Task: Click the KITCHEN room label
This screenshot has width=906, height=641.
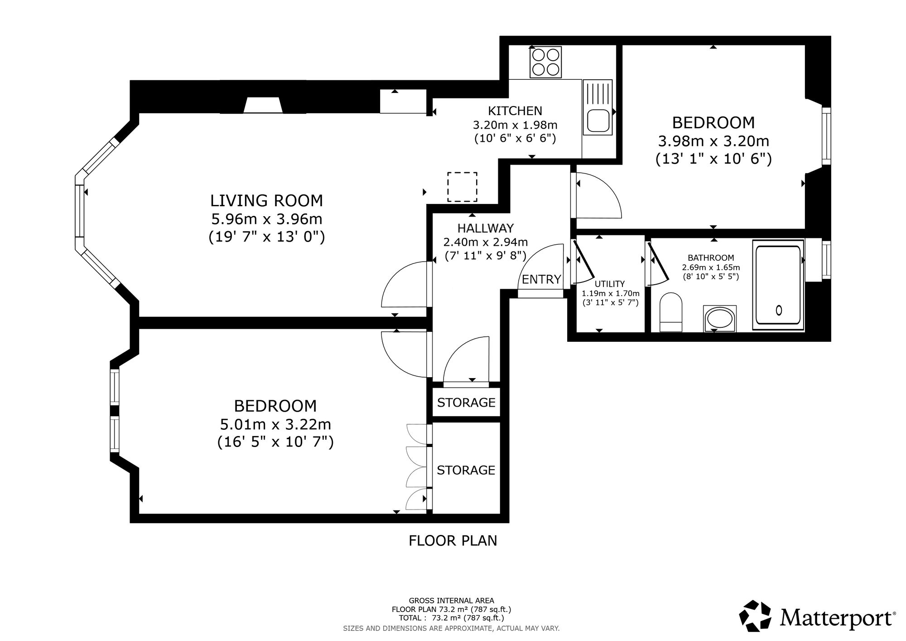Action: pyautogui.click(x=515, y=111)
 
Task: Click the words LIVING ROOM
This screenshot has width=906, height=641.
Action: pyautogui.click(x=266, y=200)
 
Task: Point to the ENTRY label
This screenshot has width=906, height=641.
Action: pyautogui.click(x=541, y=279)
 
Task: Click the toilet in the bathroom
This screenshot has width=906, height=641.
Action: pyautogui.click(x=671, y=312)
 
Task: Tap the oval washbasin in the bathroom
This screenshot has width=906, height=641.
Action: pyautogui.click(x=720, y=319)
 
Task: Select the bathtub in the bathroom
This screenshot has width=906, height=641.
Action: pyautogui.click(x=778, y=285)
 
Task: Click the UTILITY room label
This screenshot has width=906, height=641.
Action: pyautogui.click(x=610, y=284)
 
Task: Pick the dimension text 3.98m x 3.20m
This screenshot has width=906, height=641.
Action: pyautogui.click(x=713, y=141)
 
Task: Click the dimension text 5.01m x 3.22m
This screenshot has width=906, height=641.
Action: pyautogui.click(x=275, y=425)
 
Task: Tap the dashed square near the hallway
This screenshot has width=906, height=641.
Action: pyautogui.click(x=462, y=186)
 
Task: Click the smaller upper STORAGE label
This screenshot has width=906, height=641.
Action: pyautogui.click(x=466, y=403)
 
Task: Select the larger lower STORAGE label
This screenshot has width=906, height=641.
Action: pyautogui.click(x=466, y=470)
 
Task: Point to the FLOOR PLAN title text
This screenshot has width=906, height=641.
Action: pyautogui.click(x=453, y=541)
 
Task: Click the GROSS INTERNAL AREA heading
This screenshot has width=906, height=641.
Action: pyautogui.click(x=452, y=601)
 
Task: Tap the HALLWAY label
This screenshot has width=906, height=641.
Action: pyautogui.click(x=486, y=228)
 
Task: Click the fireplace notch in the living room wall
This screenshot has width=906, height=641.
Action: pyautogui.click(x=263, y=105)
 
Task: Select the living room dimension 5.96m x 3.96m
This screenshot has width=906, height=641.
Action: pyautogui.click(x=267, y=219)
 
